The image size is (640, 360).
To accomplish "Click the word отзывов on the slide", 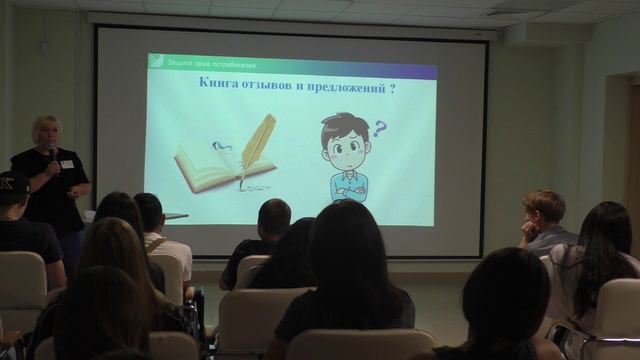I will point(266,88).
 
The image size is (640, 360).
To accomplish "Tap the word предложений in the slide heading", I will point(343,88).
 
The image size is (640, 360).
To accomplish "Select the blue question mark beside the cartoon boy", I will point(379,128).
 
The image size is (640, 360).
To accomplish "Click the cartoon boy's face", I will point(346,145).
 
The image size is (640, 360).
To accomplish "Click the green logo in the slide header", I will point(154,61).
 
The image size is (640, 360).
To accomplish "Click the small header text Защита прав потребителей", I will point(201,62).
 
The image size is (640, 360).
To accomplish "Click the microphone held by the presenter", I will point(52,152).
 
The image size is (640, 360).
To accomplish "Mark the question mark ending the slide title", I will point(391,88).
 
